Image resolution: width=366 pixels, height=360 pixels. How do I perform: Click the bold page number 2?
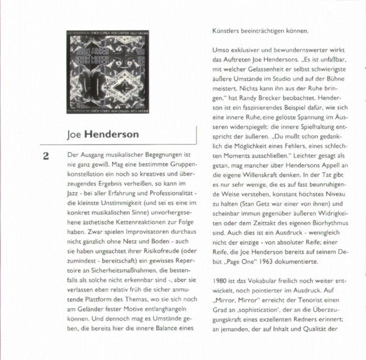(45, 157)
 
